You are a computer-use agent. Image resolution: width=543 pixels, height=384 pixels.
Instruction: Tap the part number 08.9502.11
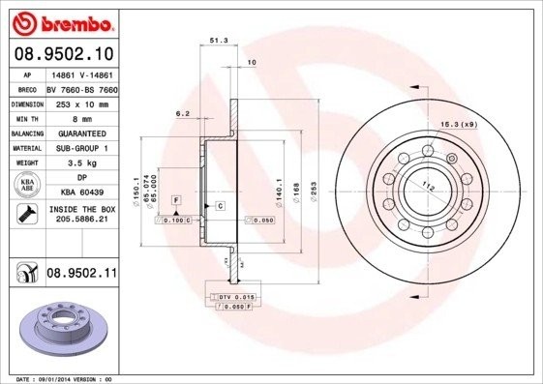click(82, 275)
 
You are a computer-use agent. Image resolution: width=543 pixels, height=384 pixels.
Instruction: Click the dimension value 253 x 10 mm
click(80, 102)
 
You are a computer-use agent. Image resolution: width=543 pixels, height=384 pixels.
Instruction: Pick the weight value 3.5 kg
click(80, 163)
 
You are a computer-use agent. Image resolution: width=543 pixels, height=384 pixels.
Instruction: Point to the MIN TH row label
click(28, 117)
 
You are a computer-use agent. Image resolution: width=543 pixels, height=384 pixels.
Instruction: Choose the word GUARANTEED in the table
click(80, 133)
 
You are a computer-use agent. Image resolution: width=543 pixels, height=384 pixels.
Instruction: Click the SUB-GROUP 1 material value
click(80, 148)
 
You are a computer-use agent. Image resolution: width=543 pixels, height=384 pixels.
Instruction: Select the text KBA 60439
click(80, 194)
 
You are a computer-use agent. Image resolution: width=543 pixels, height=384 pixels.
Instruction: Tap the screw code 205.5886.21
click(80, 220)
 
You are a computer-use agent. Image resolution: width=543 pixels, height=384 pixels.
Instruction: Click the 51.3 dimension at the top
click(219, 42)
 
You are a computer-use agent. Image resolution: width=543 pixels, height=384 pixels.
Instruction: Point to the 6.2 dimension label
click(182, 114)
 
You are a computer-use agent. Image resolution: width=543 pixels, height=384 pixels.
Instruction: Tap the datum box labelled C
click(220, 206)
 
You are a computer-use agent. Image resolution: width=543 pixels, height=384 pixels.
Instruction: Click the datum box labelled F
click(177, 198)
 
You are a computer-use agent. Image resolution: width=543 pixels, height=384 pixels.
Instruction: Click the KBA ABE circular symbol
click(27, 187)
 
